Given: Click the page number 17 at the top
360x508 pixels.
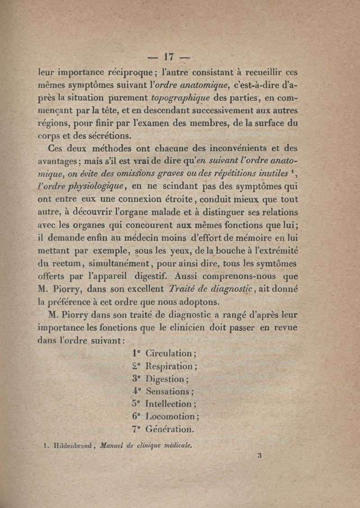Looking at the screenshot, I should click(x=169, y=57).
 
